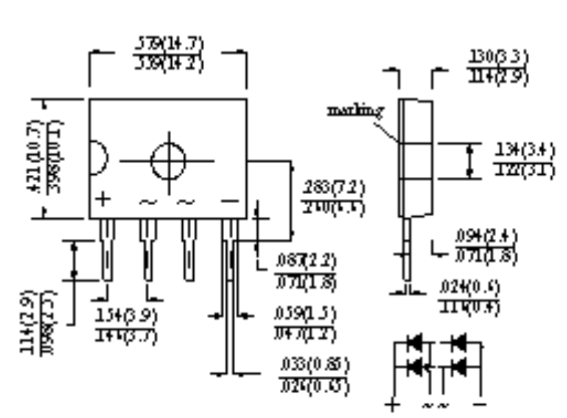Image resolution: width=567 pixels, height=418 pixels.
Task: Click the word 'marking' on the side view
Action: pyautogui.click(x=364, y=111)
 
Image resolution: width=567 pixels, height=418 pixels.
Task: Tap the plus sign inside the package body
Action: pyautogui.click(x=103, y=200)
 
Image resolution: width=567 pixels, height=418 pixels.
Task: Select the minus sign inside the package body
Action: pyautogui.click(x=230, y=200)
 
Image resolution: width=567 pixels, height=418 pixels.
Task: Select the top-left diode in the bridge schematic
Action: pyautogui.click(x=415, y=342)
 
